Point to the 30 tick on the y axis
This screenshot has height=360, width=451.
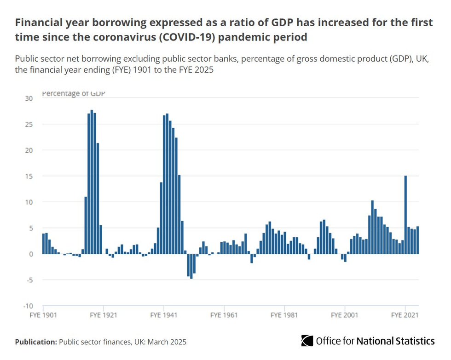click(29, 98)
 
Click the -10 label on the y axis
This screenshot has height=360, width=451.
click(29, 306)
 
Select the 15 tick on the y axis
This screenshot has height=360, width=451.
click(29, 176)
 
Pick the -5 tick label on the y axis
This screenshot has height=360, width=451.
click(29, 280)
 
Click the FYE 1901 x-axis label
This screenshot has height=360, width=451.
click(43, 315)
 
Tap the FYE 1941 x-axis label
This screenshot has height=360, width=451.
click(163, 315)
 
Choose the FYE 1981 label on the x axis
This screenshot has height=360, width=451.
click(284, 315)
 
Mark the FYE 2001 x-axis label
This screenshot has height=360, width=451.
click(344, 315)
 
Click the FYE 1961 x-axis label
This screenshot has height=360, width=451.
click(224, 315)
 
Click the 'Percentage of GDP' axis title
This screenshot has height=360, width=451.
click(73, 94)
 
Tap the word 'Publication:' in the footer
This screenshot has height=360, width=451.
click(36, 342)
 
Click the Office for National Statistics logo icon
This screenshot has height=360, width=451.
click(307, 341)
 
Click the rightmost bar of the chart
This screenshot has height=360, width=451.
click(417, 240)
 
